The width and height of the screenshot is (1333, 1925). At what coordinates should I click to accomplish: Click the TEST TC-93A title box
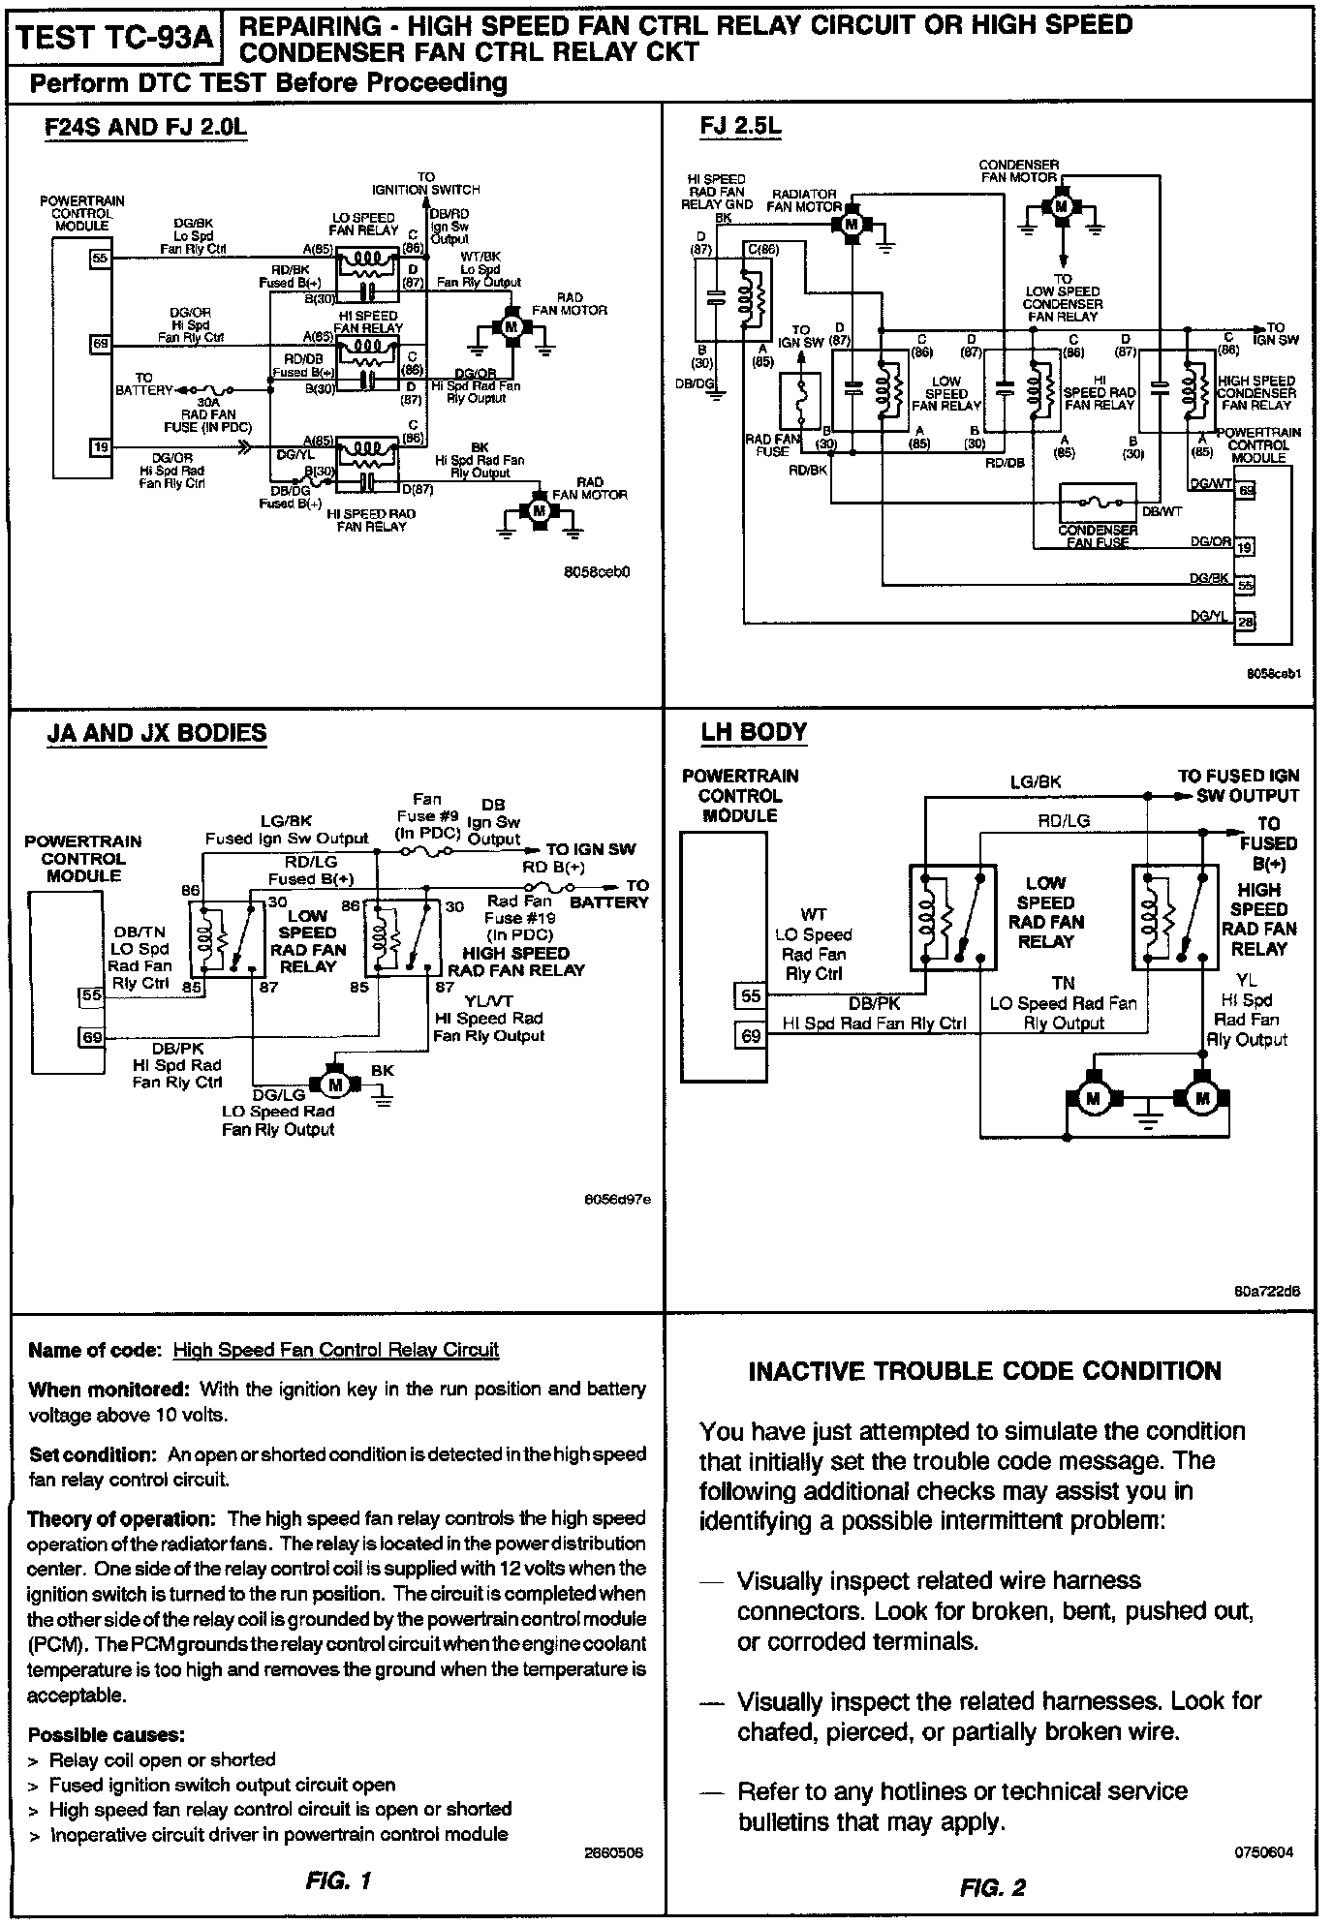(x=115, y=38)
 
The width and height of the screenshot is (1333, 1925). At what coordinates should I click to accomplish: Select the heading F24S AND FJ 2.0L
(x=145, y=129)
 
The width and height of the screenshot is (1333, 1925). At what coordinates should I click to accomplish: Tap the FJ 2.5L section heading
(x=741, y=127)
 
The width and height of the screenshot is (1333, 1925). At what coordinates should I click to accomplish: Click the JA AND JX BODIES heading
(x=157, y=733)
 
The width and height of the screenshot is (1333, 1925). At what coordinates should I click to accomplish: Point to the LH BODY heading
(x=754, y=732)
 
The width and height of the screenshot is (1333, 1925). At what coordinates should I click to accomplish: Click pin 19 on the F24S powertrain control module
(x=101, y=446)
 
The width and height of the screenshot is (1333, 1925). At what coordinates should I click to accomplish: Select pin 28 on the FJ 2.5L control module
(x=1245, y=622)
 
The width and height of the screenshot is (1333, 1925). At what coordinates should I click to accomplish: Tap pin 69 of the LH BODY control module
(x=751, y=1036)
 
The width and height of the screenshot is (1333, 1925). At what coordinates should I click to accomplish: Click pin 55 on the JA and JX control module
(x=91, y=995)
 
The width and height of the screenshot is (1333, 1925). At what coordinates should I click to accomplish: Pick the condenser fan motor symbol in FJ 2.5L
(x=1062, y=206)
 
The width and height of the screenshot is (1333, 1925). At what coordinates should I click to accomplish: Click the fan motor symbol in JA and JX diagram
(x=335, y=1081)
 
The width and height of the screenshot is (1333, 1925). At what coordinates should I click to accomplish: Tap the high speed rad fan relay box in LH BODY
(x=1175, y=917)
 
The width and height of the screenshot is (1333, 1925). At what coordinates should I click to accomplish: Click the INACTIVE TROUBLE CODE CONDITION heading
(x=985, y=1371)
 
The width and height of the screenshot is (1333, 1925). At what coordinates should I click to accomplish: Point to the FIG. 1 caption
(x=338, y=1881)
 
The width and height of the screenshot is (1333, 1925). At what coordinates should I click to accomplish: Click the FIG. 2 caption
(x=992, y=1887)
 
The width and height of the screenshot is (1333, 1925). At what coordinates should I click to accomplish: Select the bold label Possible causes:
(x=107, y=1733)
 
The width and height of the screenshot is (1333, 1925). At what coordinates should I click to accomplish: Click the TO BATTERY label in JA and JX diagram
(x=609, y=894)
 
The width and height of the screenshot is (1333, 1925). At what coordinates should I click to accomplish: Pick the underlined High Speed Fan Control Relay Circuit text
(x=335, y=1350)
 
